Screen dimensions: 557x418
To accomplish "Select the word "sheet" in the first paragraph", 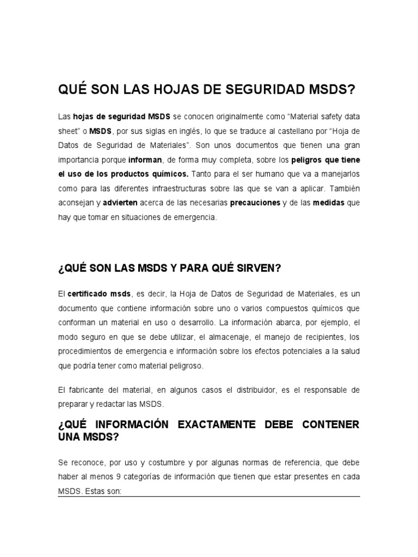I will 69,132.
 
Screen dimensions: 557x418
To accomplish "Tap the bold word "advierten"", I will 119,202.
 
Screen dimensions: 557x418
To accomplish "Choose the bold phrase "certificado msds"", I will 99,294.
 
